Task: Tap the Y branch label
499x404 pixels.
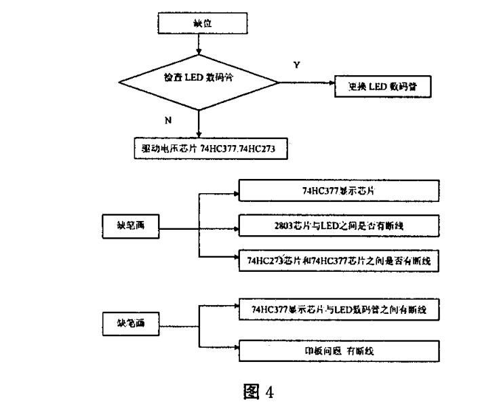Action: pos(296,64)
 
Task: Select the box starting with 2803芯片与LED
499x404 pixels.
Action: pos(338,225)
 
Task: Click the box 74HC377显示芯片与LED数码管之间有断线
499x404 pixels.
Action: pos(338,310)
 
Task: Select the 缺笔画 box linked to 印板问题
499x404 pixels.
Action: pos(129,323)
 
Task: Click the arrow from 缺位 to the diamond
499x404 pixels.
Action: pos(199,45)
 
